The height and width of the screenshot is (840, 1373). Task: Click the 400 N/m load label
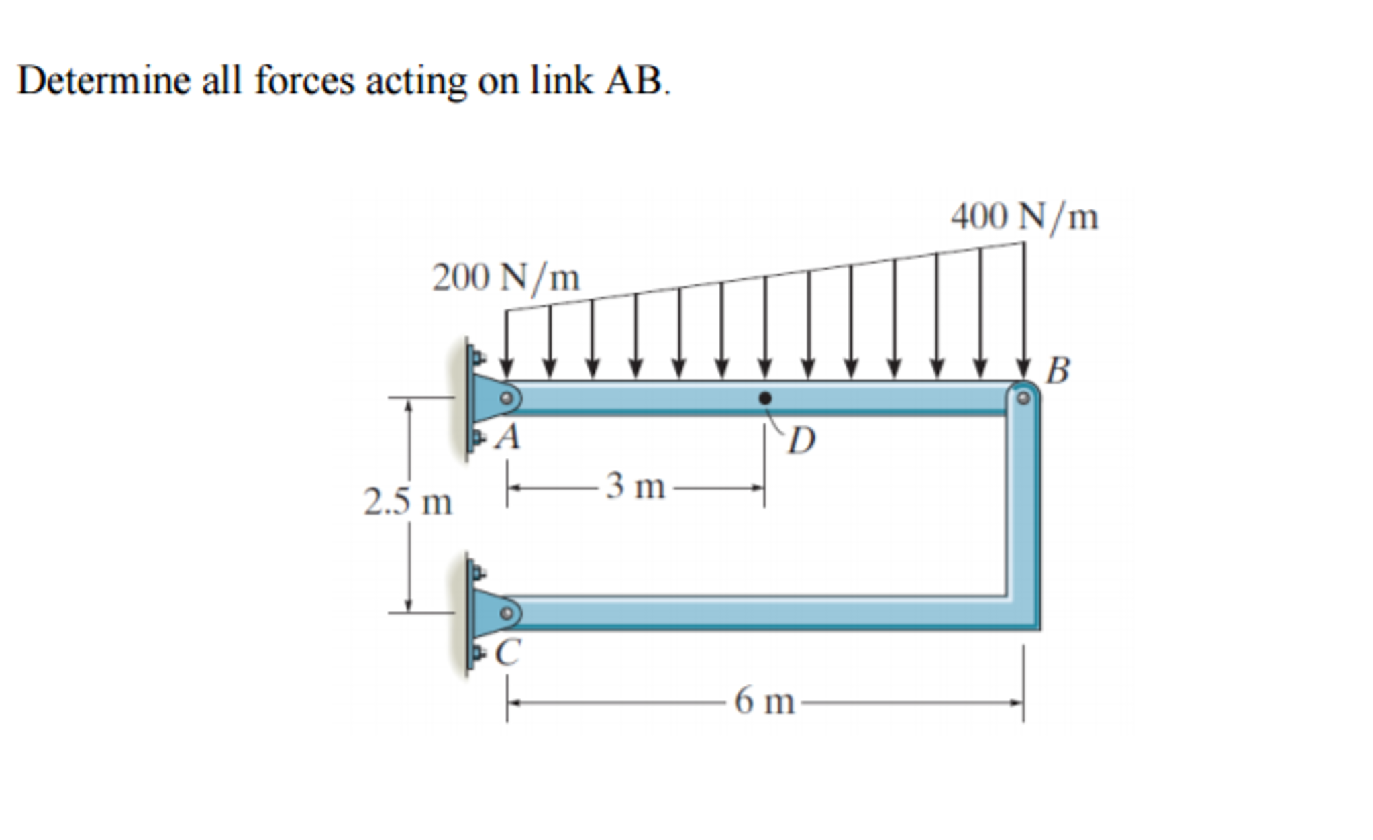click(x=1024, y=217)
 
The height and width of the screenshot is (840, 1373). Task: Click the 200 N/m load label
click(x=506, y=278)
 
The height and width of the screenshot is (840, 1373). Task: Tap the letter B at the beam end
click(x=1058, y=370)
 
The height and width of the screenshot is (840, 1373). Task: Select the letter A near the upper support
click(x=508, y=438)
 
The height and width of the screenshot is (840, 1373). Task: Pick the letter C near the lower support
click(x=508, y=651)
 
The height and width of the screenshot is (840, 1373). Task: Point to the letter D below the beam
click(x=801, y=441)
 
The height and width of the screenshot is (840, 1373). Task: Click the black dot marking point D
click(x=764, y=399)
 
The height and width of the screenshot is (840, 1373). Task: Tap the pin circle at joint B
click(x=1023, y=399)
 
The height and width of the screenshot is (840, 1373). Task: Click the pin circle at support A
click(x=507, y=399)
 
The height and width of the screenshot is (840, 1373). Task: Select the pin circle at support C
click(x=507, y=613)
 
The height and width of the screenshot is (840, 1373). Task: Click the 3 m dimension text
click(x=635, y=486)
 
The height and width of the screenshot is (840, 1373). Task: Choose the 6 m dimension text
click(x=764, y=702)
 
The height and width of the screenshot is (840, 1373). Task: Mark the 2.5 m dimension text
click(x=408, y=503)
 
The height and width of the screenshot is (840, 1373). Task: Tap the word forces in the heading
click(x=304, y=81)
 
